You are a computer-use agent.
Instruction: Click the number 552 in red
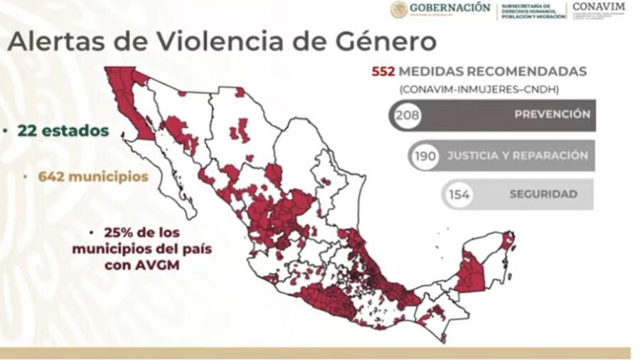[x=383, y=72]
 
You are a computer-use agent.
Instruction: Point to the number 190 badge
[x=425, y=156]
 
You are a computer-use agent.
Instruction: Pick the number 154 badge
[x=459, y=194]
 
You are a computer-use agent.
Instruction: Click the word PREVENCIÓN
[x=553, y=114]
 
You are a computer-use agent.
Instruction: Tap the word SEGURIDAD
[x=543, y=194]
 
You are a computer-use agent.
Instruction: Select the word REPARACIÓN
[x=551, y=155]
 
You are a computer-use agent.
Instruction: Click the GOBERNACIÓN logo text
[x=449, y=8]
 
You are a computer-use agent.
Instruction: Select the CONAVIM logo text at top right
[x=599, y=6]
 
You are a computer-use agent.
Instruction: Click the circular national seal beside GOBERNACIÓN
[x=399, y=9]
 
